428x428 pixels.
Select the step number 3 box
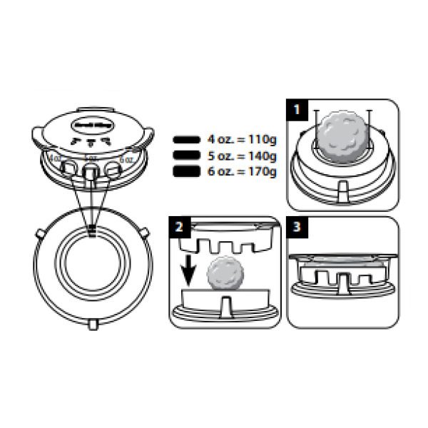click(x=297, y=228)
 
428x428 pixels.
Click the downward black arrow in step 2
click(x=188, y=270)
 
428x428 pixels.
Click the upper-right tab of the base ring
click(x=144, y=233)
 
